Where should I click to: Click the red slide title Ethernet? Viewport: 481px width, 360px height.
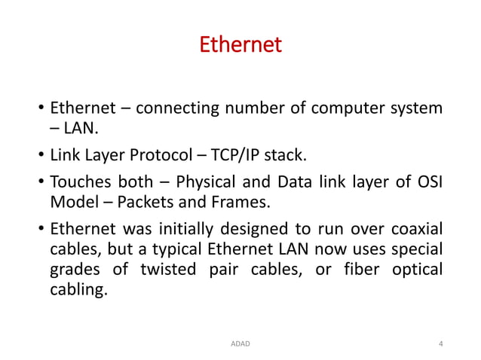point(240,45)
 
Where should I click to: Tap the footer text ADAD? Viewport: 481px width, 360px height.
point(240,343)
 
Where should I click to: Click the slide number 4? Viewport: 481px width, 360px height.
point(440,343)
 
